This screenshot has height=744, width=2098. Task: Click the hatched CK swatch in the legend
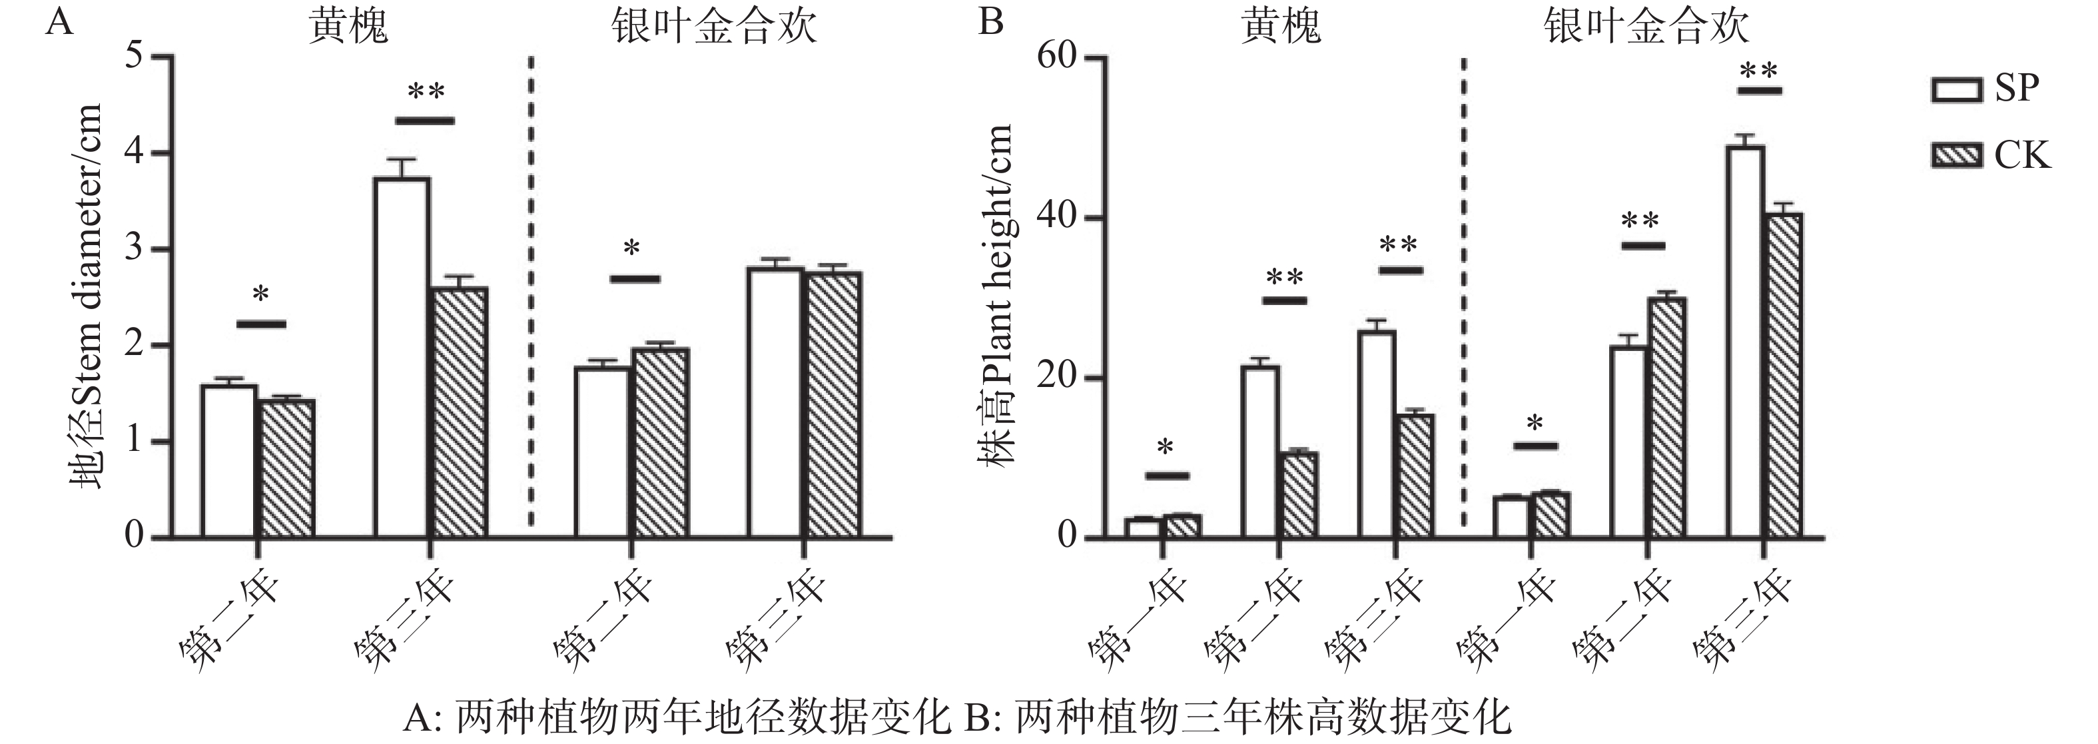pyautogui.click(x=1956, y=155)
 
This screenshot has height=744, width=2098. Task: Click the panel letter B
pyautogui.click(x=990, y=21)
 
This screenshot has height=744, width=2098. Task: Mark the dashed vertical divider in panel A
pyautogui.click(x=531, y=293)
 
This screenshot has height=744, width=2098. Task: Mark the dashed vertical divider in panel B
pyautogui.click(x=1463, y=293)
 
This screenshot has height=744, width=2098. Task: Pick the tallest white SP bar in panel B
pyautogui.click(x=1744, y=342)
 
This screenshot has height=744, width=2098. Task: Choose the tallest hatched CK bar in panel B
pyautogui.click(x=1783, y=375)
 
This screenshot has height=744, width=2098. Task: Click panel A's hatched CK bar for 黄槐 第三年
pyautogui.click(x=460, y=412)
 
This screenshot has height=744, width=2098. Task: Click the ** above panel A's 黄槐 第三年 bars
pyautogui.click(x=425, y=91)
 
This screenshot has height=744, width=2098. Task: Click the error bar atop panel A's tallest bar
pyautogui.click(x=402, y=167)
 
